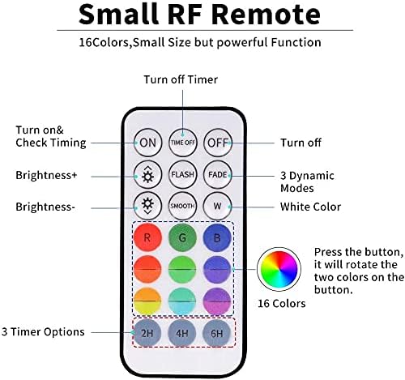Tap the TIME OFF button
point(183,143)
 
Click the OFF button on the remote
point(218,143)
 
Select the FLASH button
point(183,174)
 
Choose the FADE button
point(218,174)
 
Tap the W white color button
point(217,206)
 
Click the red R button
point(147,237)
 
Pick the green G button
point(182,237)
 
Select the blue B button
point(217,237)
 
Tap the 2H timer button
point(147,333)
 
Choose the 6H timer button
point(216,333)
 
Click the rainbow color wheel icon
point(279,269)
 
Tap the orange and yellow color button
point(147,301)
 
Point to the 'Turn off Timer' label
point(181,79)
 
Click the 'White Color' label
point(310,207)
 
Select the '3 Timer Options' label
point(43,332)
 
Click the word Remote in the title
point(266,15)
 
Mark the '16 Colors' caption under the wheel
point(282,304)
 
